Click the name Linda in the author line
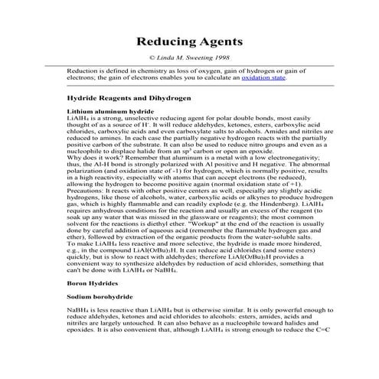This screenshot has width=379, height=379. pyautogui.click(x=167, y=58)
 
